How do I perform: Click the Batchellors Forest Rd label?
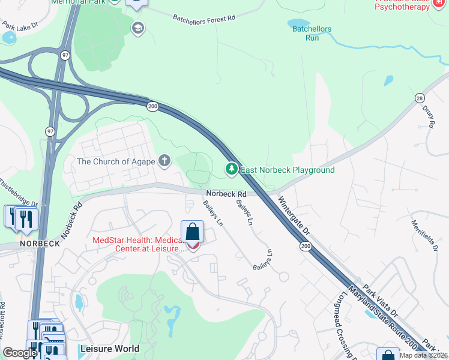pos(204,19)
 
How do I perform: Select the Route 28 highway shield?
pos(419,98)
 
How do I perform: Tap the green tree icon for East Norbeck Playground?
pos(231,170)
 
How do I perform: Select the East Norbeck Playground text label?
pos(288,170)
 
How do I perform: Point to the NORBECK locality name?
pos(40,244)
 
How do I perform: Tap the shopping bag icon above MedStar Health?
pos(192,231)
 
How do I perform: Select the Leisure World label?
pos(109,349)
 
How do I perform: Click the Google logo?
pos(20,353)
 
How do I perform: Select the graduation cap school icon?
pos(138,28)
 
